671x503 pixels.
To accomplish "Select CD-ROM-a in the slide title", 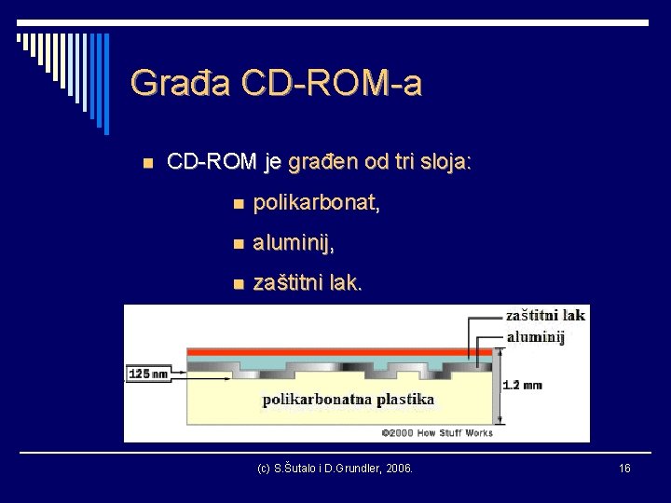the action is (x=331, y=83).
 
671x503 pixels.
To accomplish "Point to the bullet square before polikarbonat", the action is (x=240, y=204).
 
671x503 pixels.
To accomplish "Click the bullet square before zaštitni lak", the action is (x=240, y=284).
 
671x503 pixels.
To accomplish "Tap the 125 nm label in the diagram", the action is (x=148, y=374).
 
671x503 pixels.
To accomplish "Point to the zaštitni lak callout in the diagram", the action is (x=545, y=315).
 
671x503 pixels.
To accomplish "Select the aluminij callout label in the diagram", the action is (x=536, y=337).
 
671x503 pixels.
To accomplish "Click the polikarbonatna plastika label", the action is (x=349, y=400).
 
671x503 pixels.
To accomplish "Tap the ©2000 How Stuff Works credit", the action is (x=437, y=433).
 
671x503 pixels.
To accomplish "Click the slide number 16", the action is (x=624, y=468).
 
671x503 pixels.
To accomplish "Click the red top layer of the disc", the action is (x=335, y=352).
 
